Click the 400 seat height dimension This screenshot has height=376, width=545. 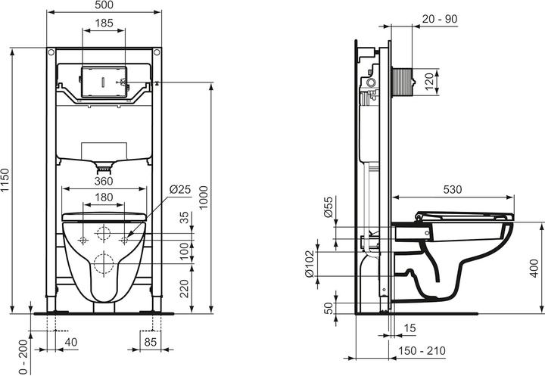click(535, 265)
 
